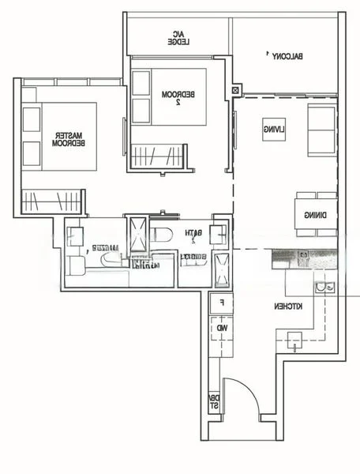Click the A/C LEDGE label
pyautogui.click(x=176, y=38)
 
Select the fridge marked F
pyautogui.click(x=222, y=303)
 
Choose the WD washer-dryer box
pyautogui.click(x=222, y=326)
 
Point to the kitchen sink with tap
pyautogui.click(x=324, y=288)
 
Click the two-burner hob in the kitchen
pyautogui.click(x=295, y=340)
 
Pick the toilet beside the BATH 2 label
pyautogui.click(x=161, y=234)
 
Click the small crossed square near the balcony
pyautogui.click(x=235, y=91)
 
